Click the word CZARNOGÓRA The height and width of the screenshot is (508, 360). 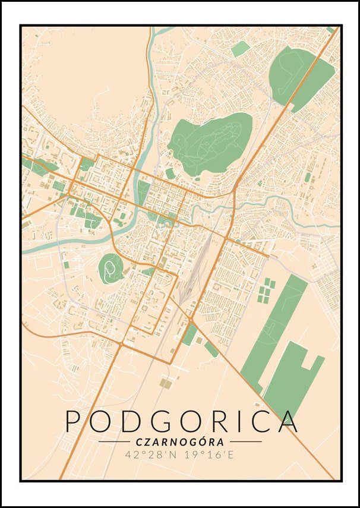[x=180, y=442]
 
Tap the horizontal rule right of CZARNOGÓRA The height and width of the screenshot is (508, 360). [x=245, y=442]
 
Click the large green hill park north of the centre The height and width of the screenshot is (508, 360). [x=211, y=143]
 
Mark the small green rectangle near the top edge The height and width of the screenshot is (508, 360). [x=240, y=49]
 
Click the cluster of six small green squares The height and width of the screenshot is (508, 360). [x=266, y=289]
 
